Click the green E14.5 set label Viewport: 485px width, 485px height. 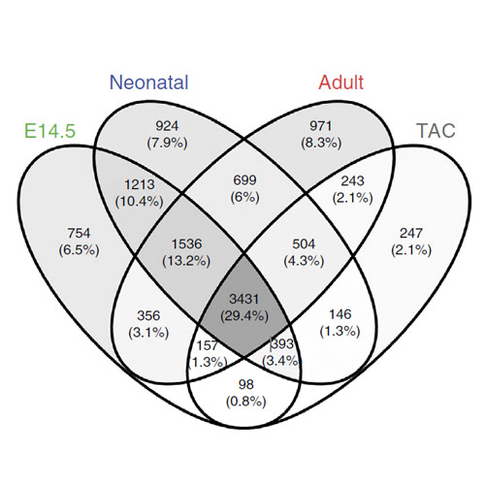point(50,131)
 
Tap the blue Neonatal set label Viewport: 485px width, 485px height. point(149,82)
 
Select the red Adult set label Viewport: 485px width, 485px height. point(341,82)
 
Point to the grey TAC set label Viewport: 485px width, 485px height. point(436,131)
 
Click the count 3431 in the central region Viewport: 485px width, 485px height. point(244,299)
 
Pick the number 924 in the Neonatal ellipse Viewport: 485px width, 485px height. point(167,126)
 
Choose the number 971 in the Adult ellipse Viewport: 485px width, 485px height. point(321,126)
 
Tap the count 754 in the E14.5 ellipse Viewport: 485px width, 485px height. point(79,233)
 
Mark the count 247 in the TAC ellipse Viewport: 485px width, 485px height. point(411,233)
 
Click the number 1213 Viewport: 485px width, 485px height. point(140,184)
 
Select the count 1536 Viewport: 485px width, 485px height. point(186,243)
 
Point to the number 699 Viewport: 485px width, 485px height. point(244,180)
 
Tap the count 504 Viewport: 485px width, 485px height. point(304,243)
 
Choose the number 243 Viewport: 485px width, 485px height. point(352,180)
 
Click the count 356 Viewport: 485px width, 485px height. point(148,315)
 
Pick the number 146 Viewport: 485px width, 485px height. point(340,314)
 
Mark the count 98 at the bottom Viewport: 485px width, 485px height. point(246,384)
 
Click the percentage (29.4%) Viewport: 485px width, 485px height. point(244,316)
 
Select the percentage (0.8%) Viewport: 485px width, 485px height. point(246,402)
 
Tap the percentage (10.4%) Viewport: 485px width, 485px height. point(140,202)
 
